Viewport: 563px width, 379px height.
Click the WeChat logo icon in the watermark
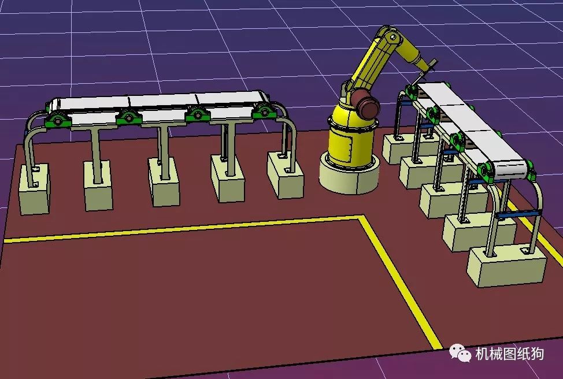460,352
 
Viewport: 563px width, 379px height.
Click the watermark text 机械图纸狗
509,354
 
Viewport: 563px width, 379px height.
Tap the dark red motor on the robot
366,103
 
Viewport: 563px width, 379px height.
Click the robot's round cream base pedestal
349,175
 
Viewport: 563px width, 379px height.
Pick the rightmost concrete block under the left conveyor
286,175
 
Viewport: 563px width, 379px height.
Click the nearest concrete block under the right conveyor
507,265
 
